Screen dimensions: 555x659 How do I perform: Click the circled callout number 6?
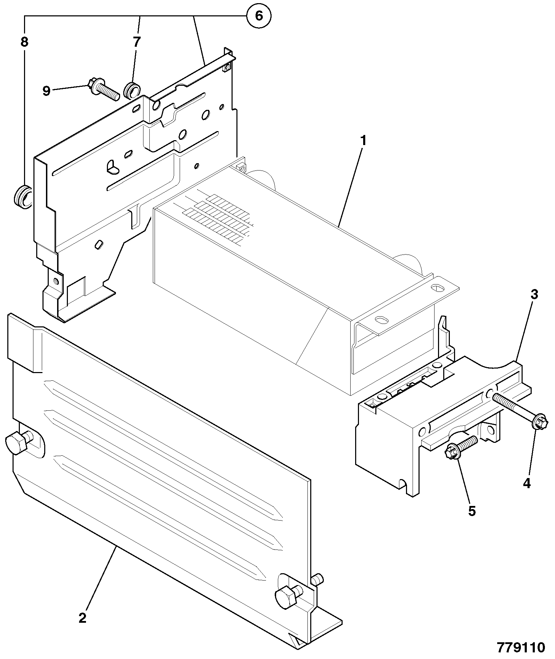coord(259,16)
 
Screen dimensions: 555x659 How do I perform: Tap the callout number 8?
coord(24,42)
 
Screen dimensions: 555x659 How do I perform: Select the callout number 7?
coord(136,42)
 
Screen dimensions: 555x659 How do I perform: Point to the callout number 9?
coord(47,91)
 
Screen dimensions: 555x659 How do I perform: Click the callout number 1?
coord(363,141)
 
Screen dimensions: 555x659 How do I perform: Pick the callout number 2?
coord(82,618)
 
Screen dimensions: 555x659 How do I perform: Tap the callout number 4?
coord(526,483)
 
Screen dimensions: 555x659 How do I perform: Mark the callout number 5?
coord(471,511)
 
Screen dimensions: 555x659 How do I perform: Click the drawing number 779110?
coord(521,647)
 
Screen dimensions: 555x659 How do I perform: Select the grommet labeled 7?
coord(132,90)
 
